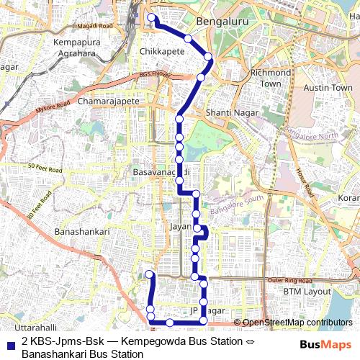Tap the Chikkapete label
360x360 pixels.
tap(164, 53)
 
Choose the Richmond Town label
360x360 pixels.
tap(270, 78)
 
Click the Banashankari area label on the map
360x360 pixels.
tap(82, 232)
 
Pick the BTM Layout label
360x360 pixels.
tap(307, 292)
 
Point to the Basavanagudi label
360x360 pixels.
tap(161, 174)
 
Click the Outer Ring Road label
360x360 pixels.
tap(305, 279)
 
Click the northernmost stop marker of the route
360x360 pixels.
tap(150, 17)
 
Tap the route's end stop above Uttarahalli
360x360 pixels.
tap(150, 274)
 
